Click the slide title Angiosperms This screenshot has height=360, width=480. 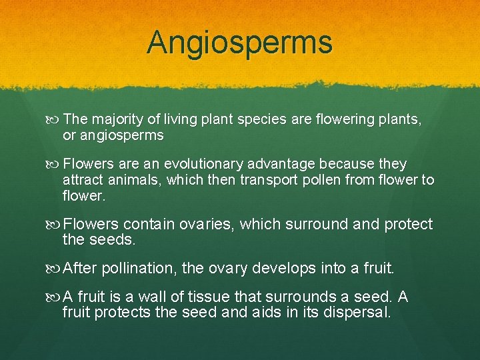tap(239, 42)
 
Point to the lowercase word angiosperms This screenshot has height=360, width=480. tap(121, 135)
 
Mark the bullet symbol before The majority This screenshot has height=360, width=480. tap(55, 120)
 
